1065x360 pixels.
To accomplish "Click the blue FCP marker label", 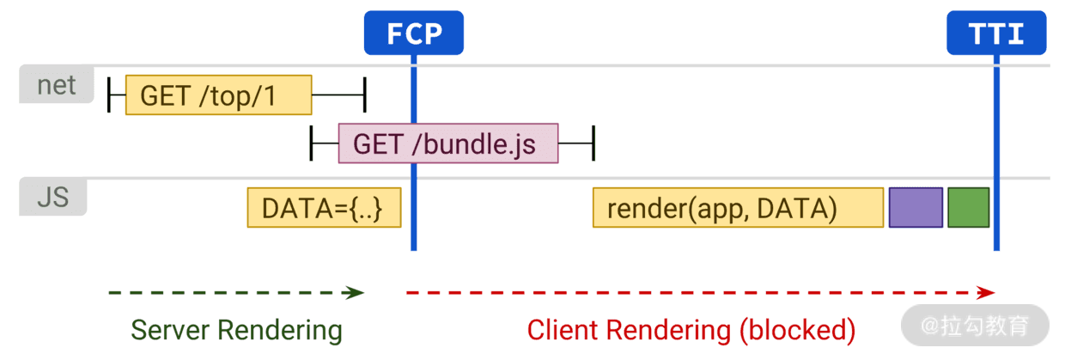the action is tap(414, 33).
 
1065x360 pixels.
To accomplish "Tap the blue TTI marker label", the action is tap(996, 33).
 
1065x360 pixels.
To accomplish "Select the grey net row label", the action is tap(57, 84).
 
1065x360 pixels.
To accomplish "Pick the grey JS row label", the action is tap(52, 197).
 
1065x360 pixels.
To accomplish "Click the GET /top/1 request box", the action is tap(219, 95).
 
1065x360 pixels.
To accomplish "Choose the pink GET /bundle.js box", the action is tap(448, 143).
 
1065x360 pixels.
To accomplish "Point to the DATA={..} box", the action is tap(325, 208).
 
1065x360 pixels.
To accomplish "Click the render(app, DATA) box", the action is tap(739, 208).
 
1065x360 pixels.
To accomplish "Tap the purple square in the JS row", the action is tap(916, 208).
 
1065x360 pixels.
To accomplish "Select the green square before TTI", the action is tap(969, 208).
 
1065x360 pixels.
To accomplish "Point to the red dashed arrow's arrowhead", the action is tap(986, 292).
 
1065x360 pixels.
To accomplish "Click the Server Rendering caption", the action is tap(237, 330).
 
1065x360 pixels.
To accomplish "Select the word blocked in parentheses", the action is tap(797, 330).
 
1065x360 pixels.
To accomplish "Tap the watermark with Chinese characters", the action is tap(975, 326).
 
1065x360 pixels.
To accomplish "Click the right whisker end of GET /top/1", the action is tap(365, 95).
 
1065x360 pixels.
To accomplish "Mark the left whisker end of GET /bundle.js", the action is tap(311, 143).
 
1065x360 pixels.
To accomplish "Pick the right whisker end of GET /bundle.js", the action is tap(593, 143).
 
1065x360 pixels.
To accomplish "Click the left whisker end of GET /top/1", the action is tap(109, 95).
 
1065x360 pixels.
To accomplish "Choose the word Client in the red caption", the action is tap(563, 330).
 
